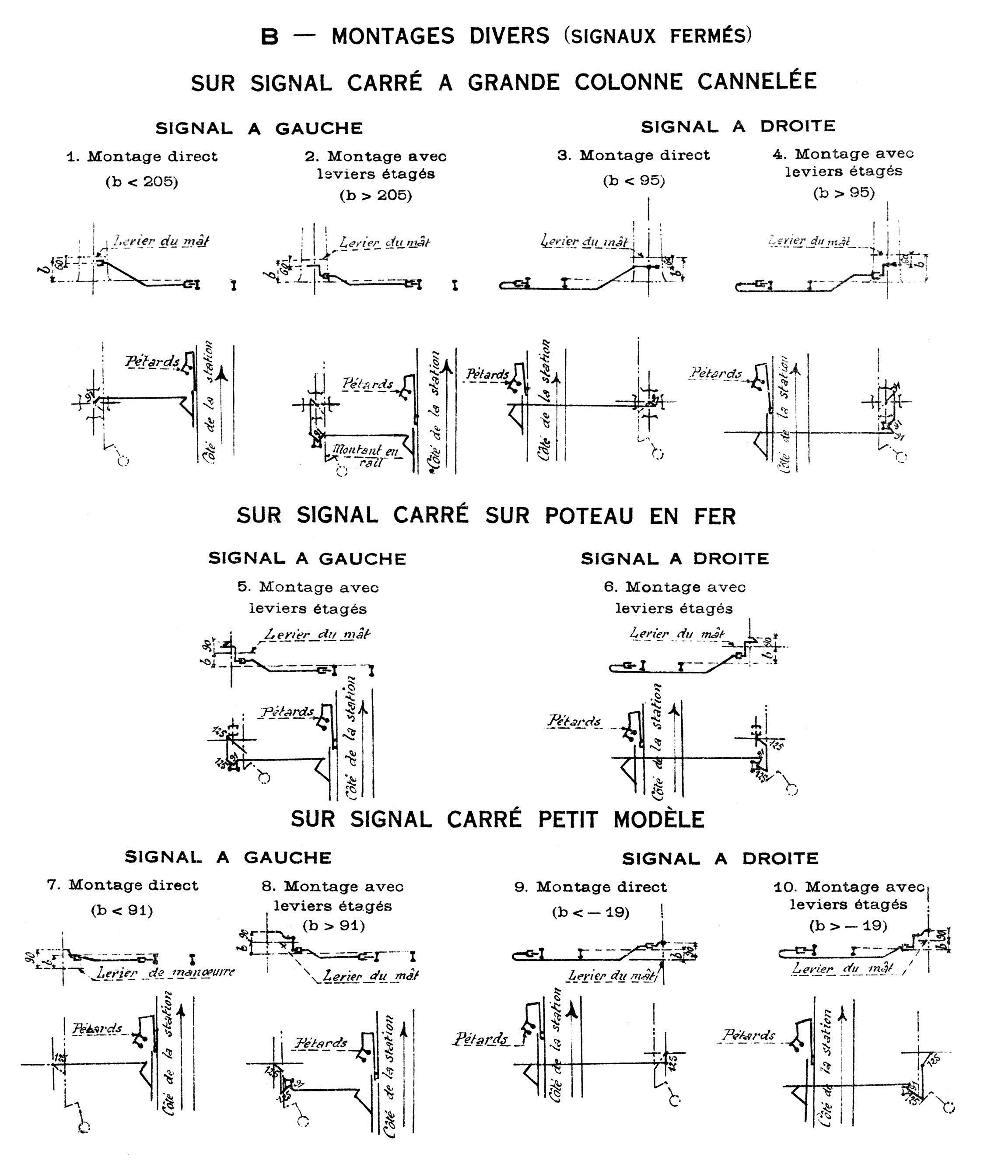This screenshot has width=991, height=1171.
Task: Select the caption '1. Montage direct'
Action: tap(142, 156)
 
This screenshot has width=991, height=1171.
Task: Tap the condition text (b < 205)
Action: tap(142, 182)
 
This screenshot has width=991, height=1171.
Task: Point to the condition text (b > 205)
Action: tap(375, 196)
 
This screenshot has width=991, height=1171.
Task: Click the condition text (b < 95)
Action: tap(634, 181)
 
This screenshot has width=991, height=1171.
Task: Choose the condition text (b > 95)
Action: tap(844, 193)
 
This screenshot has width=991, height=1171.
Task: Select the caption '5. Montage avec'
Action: tap(308, 587)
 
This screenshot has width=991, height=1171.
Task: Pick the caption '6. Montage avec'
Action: tap(675, 587)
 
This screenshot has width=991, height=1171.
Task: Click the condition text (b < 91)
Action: tap(122, 910)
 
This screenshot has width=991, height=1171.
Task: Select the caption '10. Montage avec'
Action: tap(849, 887)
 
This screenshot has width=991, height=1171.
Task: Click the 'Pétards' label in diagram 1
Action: tap(152, 361)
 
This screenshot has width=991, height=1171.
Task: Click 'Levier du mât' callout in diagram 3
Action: tap(584, 242)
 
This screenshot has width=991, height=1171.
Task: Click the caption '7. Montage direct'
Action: tap(123, 886)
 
